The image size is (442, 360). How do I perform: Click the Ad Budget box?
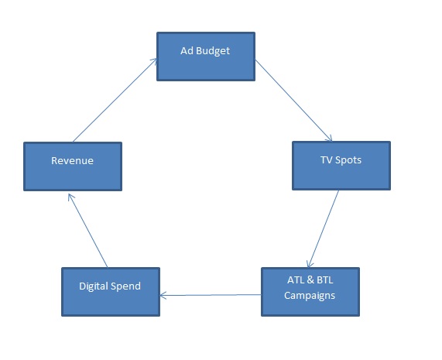206,57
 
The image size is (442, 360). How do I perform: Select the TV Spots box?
341,166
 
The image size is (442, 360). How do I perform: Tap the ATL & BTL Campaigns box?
310,292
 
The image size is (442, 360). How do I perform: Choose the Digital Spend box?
111,292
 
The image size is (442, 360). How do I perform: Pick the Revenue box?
73,166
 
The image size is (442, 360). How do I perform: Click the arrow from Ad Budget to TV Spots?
293,100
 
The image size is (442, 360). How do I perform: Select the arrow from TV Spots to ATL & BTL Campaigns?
324,228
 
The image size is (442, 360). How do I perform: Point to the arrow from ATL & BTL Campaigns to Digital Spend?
211,295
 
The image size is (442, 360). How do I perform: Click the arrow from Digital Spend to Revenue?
87,230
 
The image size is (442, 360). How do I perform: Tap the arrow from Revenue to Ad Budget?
115,100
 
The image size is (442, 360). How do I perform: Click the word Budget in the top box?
213,51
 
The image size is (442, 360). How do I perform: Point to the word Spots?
348,160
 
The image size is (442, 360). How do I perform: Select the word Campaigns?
310,296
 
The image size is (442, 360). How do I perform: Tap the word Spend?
125,286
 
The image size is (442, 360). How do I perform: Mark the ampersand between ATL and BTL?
310,280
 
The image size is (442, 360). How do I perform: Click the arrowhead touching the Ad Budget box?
153,61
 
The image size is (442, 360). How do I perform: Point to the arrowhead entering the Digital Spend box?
163,296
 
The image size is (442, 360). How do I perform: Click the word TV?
327,160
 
